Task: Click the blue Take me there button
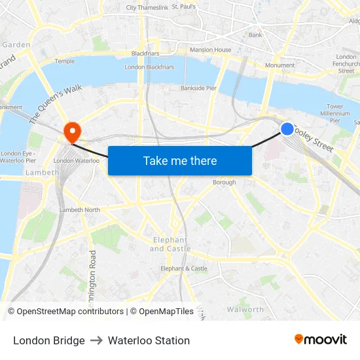(180, 160)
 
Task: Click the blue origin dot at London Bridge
(287, 129)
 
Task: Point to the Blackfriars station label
(145, 54)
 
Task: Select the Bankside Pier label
(198, 88)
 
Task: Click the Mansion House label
(210, 50)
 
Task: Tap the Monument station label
(279, 65)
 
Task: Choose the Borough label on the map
(224, 183)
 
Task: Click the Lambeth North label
(80, 209)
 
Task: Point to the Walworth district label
(245, 310)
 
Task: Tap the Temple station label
(65, 61)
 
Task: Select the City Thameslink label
(147, 8)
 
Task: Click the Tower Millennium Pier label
(335, 113)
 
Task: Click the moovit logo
(321, 340)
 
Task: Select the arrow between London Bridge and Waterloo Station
(96, 340)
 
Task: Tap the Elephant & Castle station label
(184, 268)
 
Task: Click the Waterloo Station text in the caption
(149, 340)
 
